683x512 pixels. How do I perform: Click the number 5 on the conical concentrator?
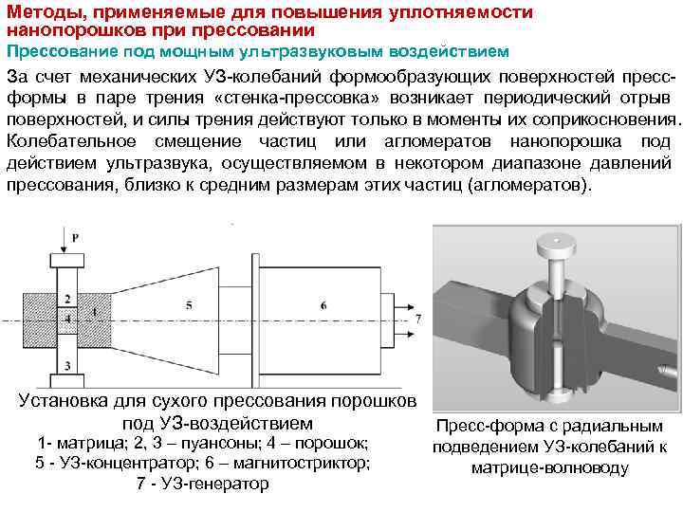189,304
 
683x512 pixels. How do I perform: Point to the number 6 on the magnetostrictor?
323,304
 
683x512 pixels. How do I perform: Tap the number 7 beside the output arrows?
418,320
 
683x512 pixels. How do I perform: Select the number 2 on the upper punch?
66,298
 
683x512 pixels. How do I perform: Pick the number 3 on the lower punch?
66,364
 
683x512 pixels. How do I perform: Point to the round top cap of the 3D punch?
551,246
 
